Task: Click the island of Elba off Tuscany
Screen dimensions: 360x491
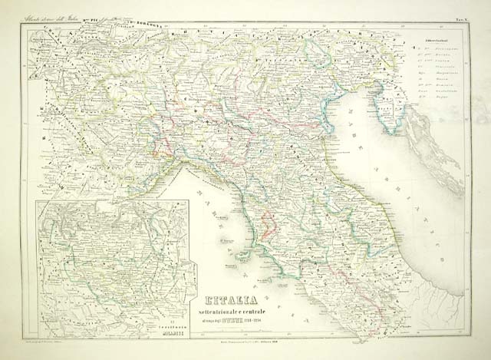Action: [228, 242]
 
